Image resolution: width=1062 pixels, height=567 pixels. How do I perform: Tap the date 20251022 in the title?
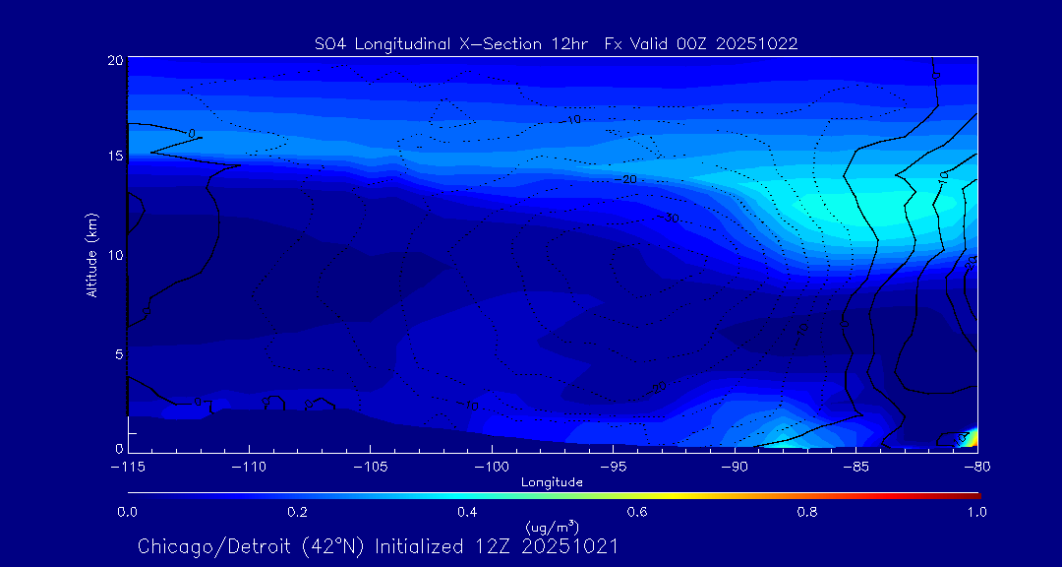[x=759, y=43]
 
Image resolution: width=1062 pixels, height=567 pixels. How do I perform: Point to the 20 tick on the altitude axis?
[x=115, y=60]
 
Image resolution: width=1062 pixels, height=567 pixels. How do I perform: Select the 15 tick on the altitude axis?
[x=115, y=157]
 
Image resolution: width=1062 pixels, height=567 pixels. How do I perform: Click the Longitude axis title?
[x=552, y=482]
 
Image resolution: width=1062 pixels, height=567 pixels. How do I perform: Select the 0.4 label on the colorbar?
[x=467, y=512]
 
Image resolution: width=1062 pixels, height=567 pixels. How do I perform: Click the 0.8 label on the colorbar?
[x=808, y=512]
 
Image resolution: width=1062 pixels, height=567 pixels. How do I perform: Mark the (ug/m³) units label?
[x=552, y=530]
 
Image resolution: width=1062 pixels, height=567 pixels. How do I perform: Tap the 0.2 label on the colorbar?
[x=297, y=512]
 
